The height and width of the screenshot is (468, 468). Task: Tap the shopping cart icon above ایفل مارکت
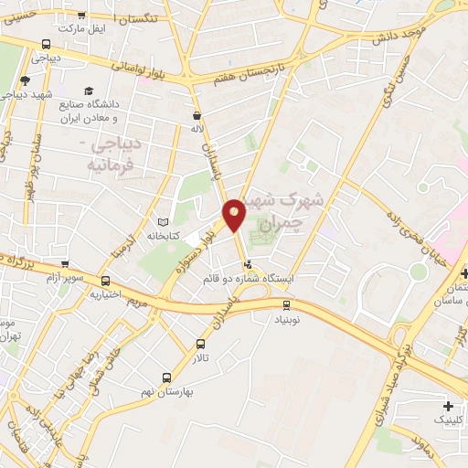[x=82, y=15]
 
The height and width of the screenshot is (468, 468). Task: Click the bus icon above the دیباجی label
[x=47, y=44]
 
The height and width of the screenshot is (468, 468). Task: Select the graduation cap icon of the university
[x=89, y=90]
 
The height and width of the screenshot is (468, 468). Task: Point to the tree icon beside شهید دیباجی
[x=25, y=81]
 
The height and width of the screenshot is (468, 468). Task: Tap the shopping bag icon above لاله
[x=197, y=116]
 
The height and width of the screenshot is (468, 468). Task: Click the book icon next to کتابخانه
[x=164, y=222]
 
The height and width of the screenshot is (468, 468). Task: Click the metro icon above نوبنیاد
[x=286, y=304]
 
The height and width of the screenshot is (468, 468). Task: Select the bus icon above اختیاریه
[x=106, y=281]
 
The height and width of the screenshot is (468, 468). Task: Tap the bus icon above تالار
[x=201, y=344]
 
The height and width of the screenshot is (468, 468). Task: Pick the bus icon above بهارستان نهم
[x=166, y=377]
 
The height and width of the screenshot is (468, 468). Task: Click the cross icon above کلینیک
[x=447, y=406]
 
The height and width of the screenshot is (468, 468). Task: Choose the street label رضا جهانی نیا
[x=67, y=369]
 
